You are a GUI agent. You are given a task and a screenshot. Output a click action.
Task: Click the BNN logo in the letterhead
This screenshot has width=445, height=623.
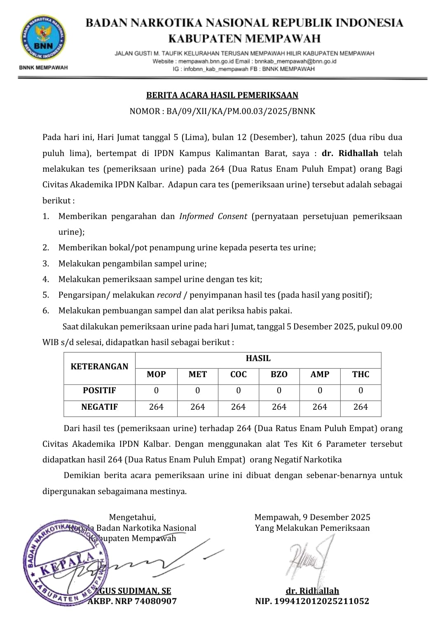(43, 39)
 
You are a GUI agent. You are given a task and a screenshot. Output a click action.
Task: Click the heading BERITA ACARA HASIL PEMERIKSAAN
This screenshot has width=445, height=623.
(222, 96)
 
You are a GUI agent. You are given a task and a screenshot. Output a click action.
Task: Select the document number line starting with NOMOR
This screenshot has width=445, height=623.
(222, 111)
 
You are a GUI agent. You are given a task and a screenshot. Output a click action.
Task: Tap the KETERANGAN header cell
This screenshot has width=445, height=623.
(99, 366)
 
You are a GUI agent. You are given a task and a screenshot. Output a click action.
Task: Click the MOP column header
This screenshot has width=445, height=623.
(156, 374)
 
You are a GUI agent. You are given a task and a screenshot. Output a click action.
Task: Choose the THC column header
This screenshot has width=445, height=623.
(361, 374)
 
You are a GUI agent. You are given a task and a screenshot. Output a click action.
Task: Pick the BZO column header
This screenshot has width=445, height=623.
(279, 374)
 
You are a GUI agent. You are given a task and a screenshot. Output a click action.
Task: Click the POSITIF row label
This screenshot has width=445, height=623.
(99, 390)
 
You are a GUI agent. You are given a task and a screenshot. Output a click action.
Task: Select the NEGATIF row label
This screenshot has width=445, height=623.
(99, 407)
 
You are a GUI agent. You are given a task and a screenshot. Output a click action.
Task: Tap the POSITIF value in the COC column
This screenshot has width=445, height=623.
(238, 390)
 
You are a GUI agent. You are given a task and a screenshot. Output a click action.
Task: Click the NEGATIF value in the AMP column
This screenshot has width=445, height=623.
(320, 407)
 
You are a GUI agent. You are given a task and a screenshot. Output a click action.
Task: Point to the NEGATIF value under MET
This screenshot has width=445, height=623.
(197, 407)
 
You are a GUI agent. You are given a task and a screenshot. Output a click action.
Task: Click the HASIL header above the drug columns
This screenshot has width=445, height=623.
(258, 358)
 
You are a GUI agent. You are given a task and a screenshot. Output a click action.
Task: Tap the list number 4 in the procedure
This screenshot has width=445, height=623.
(46, 279)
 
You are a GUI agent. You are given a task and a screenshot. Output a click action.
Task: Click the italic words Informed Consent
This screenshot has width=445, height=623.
(213, 216)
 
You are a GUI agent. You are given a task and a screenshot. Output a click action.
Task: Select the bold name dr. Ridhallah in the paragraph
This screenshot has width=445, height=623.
(350, 153)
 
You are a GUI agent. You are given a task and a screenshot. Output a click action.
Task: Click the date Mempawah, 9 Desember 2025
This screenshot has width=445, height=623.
(312, 517)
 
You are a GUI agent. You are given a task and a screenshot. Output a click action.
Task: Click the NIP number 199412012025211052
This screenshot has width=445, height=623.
(312, 601)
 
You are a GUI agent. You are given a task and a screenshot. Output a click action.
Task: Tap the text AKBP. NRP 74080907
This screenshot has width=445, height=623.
(132, 601)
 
